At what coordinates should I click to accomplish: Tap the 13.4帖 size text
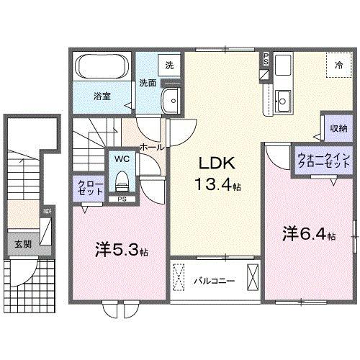(x=215, y=186)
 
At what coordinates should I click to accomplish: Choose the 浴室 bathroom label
(x=101, y=96)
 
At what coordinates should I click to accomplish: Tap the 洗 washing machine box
(x=169, y=66)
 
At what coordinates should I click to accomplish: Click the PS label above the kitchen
(x=266, y=58)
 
